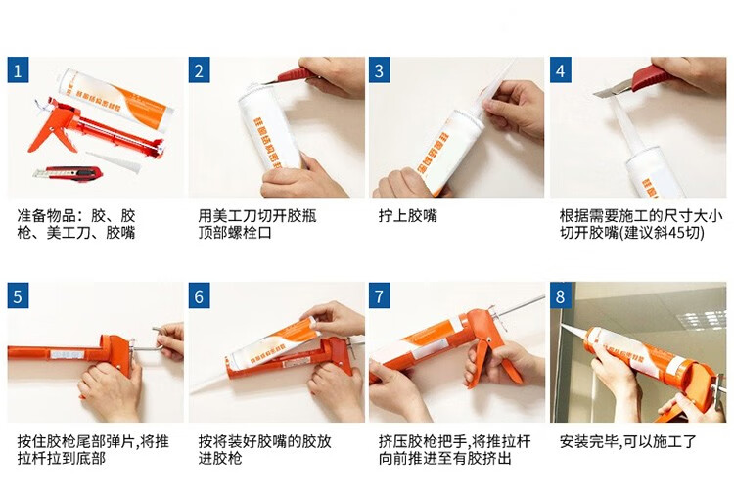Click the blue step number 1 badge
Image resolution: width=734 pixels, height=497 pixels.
[x=18, y=69]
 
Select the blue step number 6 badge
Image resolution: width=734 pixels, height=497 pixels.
[x=199, y=295]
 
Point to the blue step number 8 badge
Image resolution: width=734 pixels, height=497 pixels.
[x=561, y=295]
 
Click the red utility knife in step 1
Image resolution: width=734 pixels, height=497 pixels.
[x=69, y=173]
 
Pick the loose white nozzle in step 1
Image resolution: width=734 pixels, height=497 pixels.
[x=114, y=161]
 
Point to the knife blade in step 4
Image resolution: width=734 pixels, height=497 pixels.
[x=612, y=89]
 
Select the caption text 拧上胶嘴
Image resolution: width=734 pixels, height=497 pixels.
[x=408, y=216]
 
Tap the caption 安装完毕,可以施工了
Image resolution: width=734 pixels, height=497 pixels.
[x=628, y=441]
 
